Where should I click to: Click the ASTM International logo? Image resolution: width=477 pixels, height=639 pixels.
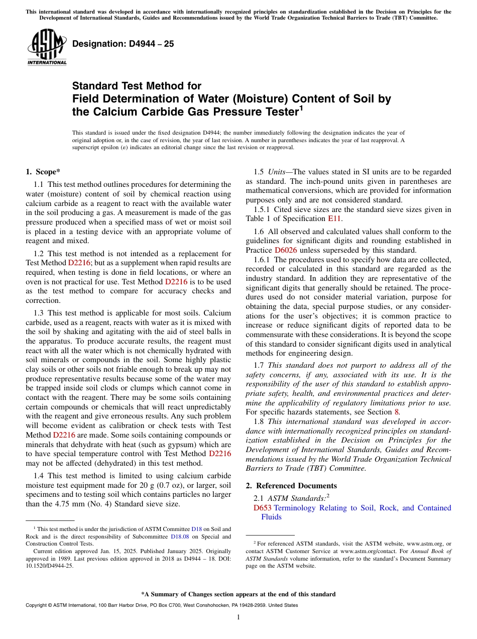(47, 47)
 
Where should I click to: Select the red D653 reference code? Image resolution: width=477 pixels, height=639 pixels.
(263, 508)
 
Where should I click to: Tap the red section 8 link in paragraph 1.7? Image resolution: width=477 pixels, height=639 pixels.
(398, 412)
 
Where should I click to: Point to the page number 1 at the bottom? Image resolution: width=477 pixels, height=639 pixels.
(238, 617)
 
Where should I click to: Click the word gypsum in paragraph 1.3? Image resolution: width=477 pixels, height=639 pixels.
(170, 444)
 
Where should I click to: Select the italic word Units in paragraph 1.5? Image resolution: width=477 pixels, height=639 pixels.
(277, 172)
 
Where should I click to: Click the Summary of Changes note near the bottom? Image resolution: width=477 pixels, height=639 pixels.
(238, 594)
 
